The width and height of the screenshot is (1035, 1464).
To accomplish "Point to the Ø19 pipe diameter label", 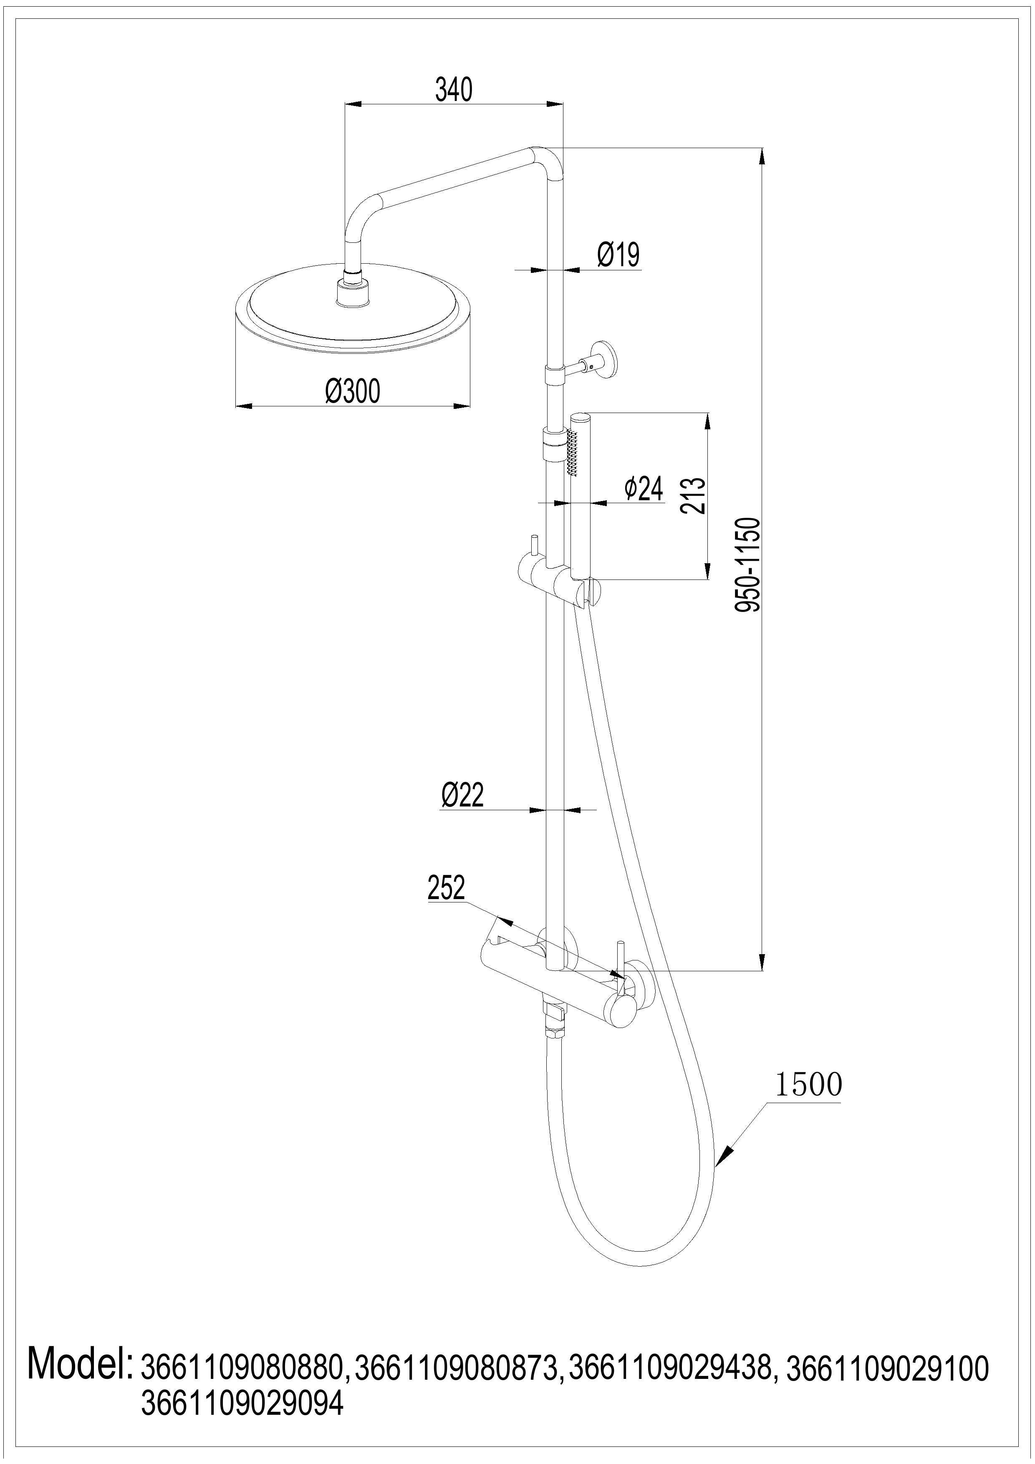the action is pyautogui.click(x=618, y=254).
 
